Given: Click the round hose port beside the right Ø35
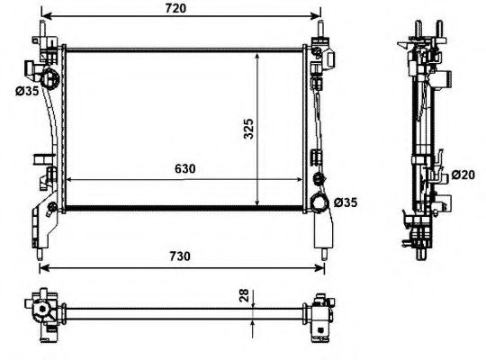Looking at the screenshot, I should [318, 202].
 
